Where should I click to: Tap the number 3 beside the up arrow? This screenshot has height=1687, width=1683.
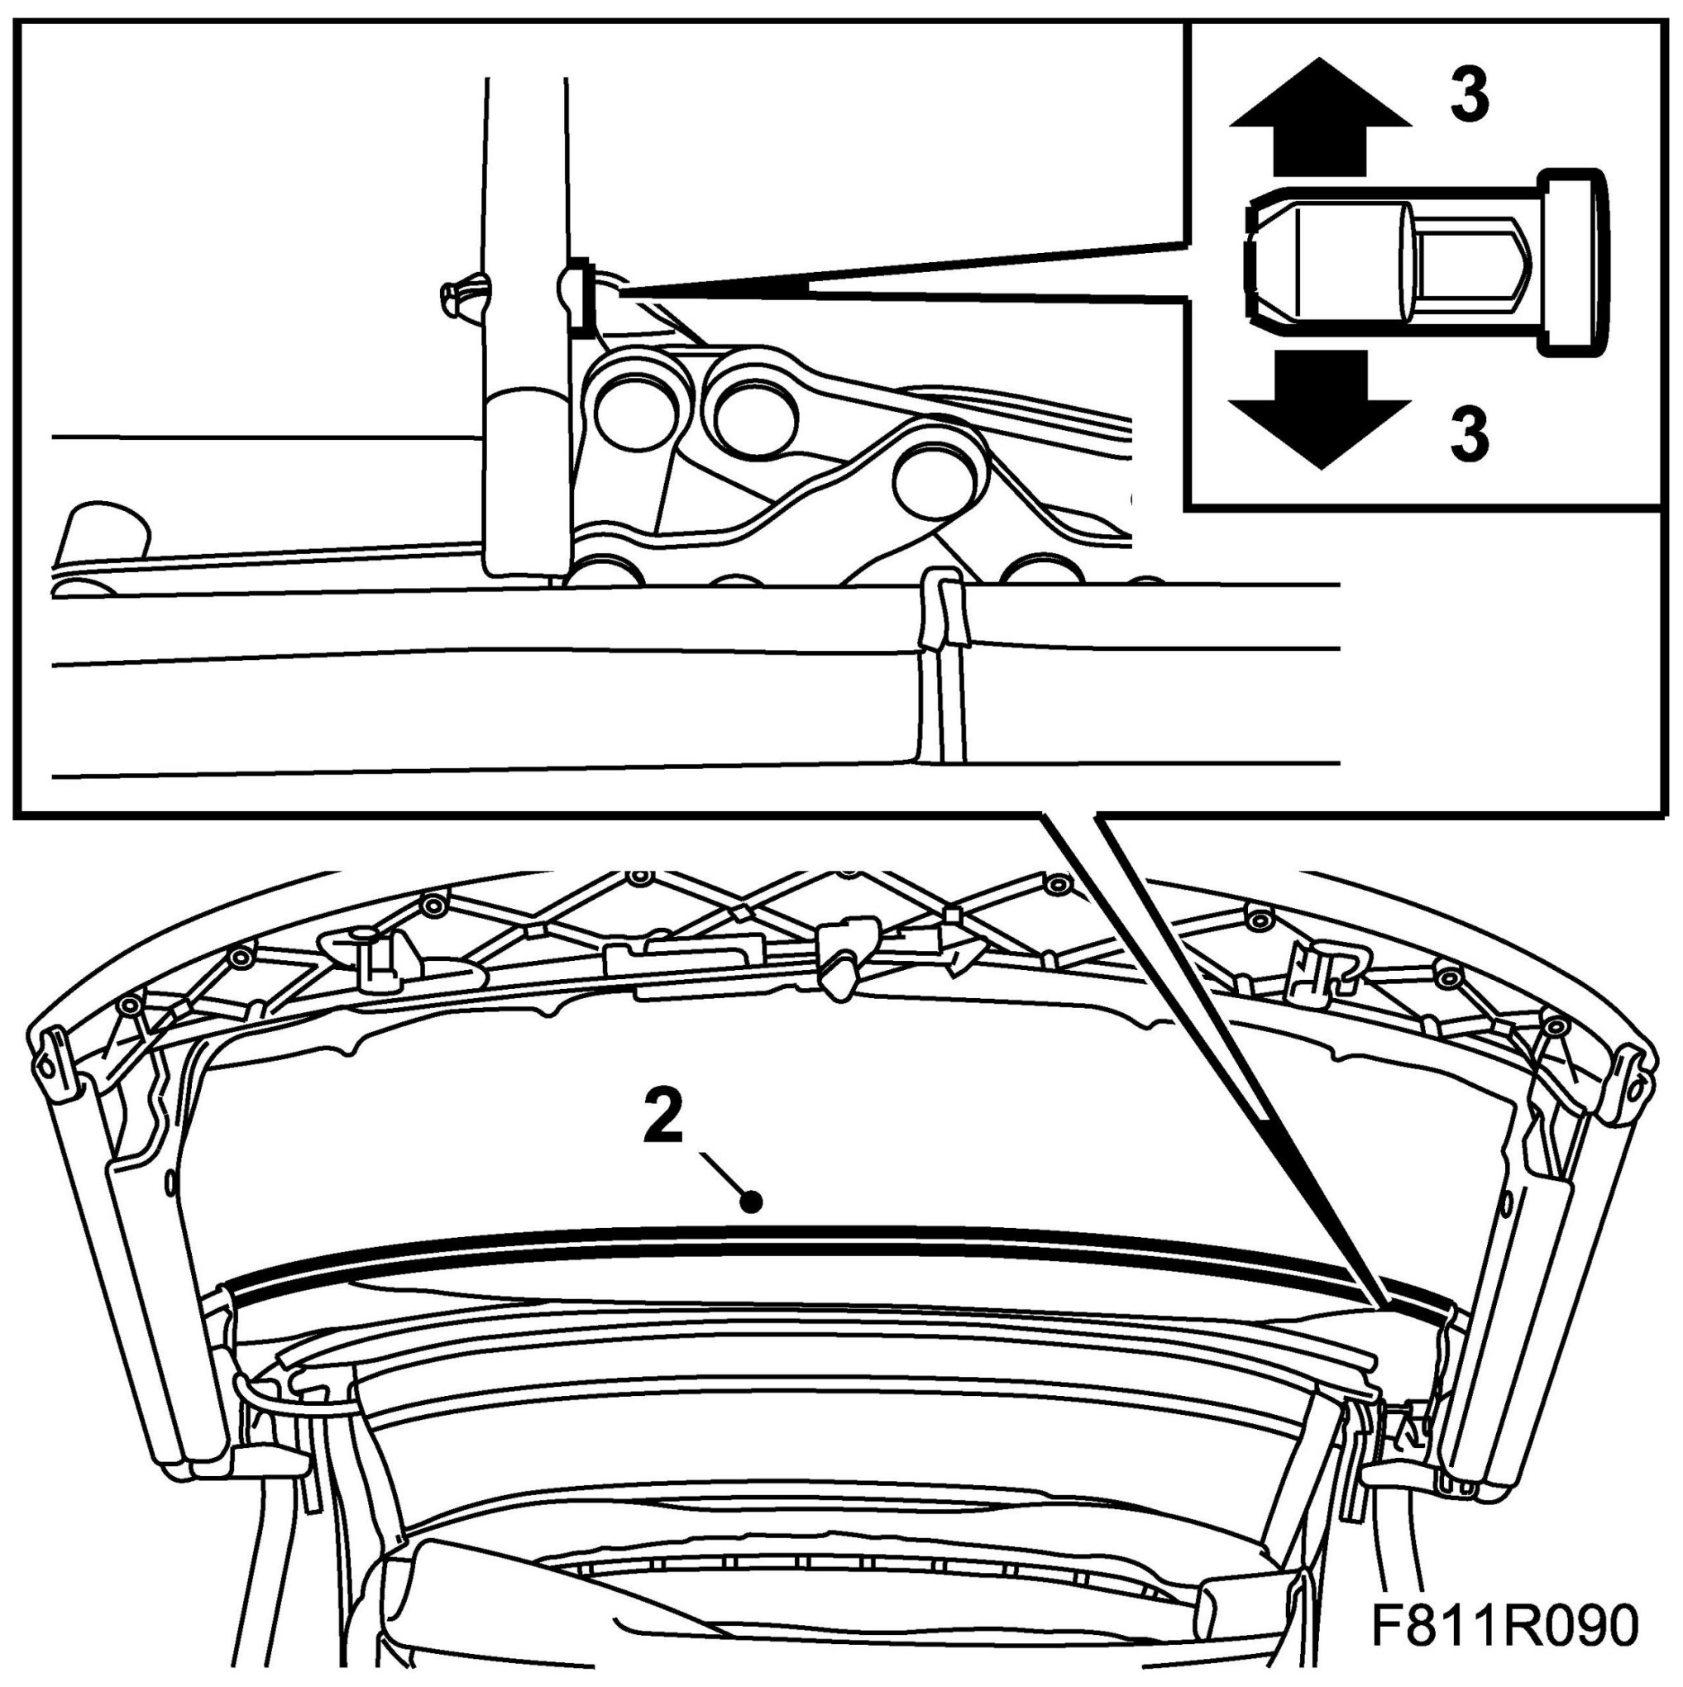1470,96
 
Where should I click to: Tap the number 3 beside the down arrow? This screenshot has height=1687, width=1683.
1470,434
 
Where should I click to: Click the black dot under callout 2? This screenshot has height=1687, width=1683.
750,1202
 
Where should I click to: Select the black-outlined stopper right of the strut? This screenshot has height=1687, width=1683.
577,297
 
